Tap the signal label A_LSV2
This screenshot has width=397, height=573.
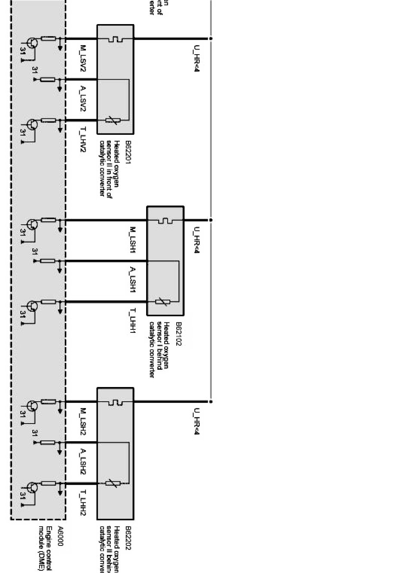[x=84, y=99]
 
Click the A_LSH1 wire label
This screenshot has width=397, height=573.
[x=133, y=280]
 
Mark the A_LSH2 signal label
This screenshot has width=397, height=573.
[x=84, y=461]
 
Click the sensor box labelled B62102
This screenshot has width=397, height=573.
[x=165, y=260]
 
